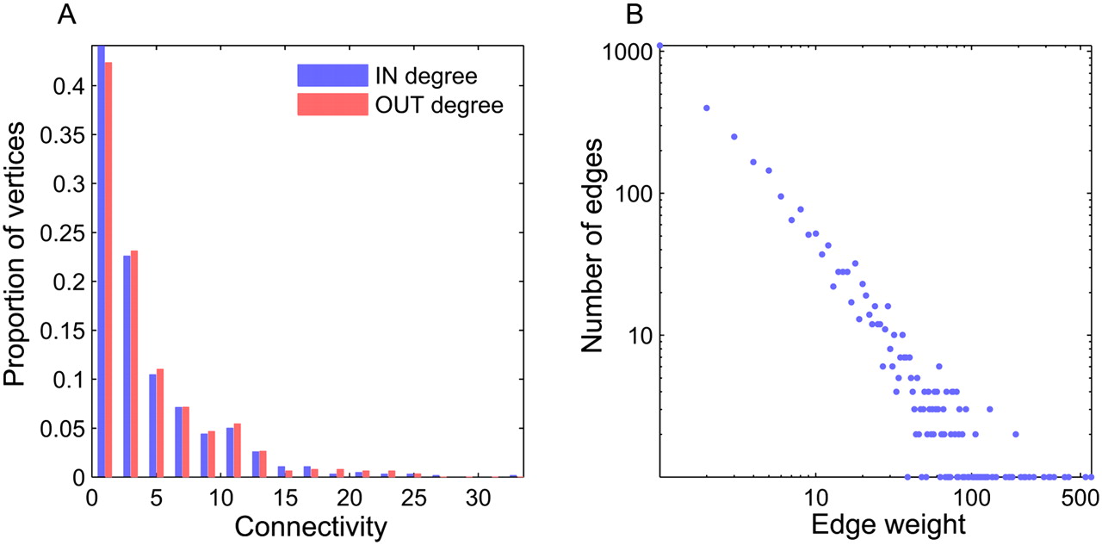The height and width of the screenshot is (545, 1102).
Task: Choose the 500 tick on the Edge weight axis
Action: pos(1067,499)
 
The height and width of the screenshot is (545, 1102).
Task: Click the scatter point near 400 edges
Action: pos(707,108)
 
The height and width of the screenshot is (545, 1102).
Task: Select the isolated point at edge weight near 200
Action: pos(1016,434)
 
